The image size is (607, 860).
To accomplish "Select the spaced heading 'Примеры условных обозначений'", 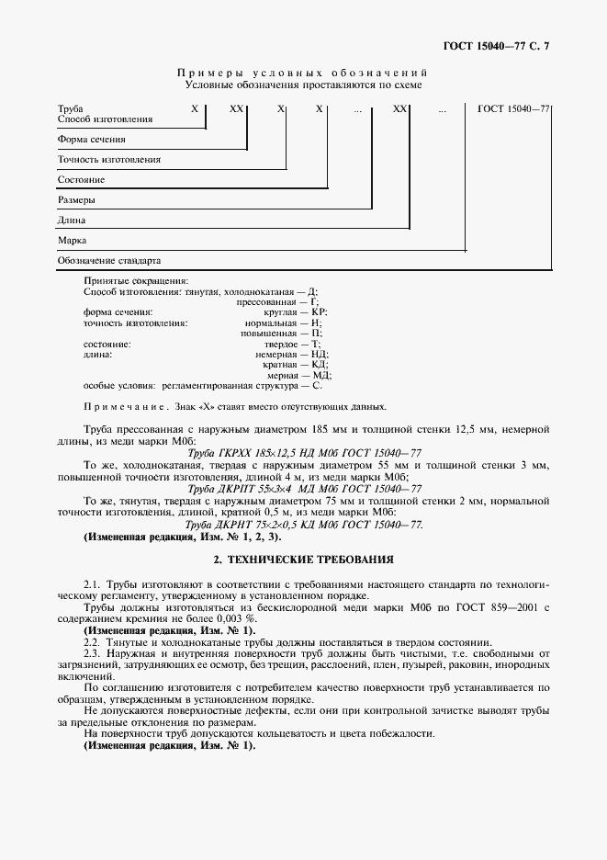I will tap(303, 72).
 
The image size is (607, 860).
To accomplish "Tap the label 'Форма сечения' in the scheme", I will tap(91, 140).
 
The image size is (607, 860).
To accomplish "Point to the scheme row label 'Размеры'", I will tap(76, 199).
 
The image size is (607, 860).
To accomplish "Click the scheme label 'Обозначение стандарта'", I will tap(108, 260).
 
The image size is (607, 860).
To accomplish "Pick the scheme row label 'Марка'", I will tap(72, 240).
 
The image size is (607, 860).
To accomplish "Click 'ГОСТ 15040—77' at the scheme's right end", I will tap(513, 108).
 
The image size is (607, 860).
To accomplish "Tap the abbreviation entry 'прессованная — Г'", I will tap(276, 301).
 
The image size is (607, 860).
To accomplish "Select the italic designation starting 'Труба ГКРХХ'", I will tap(304, 453).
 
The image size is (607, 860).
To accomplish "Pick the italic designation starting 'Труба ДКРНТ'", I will tap(304, 524).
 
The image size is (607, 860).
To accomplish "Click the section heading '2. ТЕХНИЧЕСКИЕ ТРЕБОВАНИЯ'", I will tap(303, 559).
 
